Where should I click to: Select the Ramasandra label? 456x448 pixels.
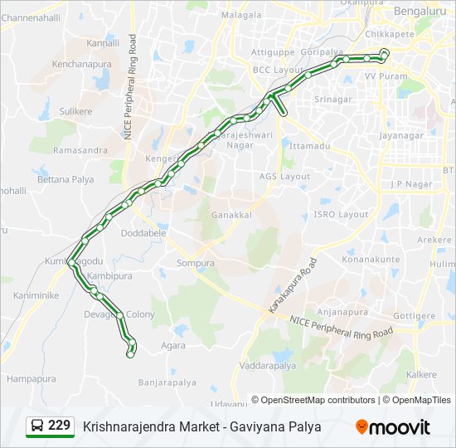[80, 150]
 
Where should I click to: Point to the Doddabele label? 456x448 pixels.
[145, 233]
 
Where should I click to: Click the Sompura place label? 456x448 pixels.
[196, 263]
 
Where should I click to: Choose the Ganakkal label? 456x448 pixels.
[231, 214]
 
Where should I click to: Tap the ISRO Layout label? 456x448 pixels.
[341, 214]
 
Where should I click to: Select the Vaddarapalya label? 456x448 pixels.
[267, 365]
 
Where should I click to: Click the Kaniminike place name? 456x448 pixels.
[36, 295]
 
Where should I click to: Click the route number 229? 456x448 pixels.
[59, 426]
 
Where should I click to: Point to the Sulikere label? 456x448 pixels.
[75, 110]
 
